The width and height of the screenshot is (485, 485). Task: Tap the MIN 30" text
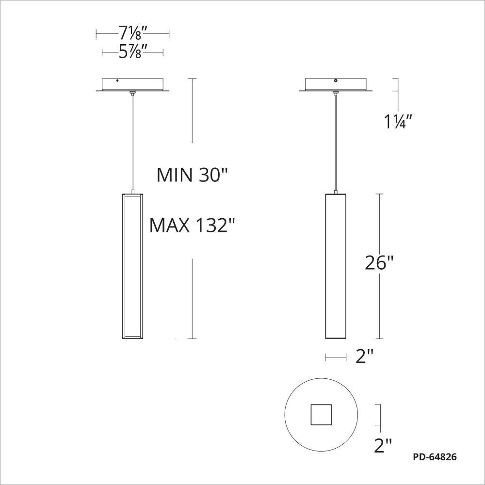pyautogui.click(x=192, y=175)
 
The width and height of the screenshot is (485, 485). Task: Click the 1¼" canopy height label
pyautogui.click(x=398, y=121)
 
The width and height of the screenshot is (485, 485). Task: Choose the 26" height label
pyautogui.click(x=379, y=263)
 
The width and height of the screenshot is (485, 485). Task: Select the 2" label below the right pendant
pyautogui.click(x=365, y=356)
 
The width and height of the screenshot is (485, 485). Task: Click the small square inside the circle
pyautogui.click(x=321, y=415)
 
